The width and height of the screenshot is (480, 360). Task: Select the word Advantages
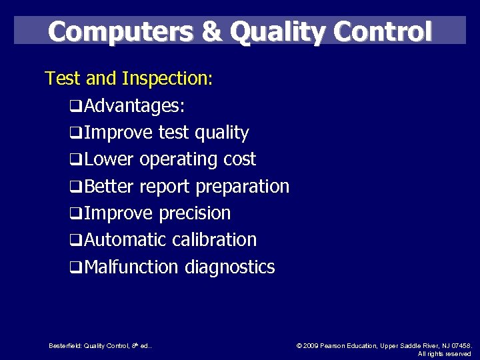[135, 106]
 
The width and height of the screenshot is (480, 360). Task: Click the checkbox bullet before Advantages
[76, 107]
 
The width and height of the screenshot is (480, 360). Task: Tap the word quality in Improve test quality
[221, 133]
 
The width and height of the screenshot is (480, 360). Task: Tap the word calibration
[217, 240]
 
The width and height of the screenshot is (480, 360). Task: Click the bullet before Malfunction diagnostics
[76, 267]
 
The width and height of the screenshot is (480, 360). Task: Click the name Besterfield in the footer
[65, 345]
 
